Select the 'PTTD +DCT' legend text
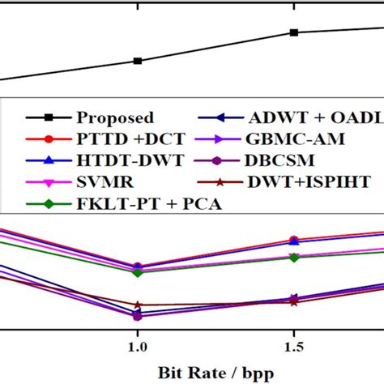point(120,139)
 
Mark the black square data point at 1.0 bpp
point(138,61)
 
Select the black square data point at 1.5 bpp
point(294,32)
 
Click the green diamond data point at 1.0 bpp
point(138,272)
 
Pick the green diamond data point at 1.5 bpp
point(294,258)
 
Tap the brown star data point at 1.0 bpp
point(138,305)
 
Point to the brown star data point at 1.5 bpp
point(294,302)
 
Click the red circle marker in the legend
point(48,139)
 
